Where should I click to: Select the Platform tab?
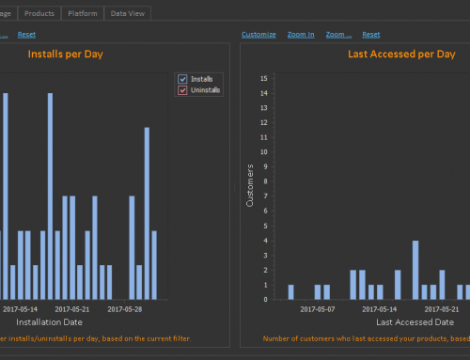[84, 13]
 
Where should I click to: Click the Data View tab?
[127, 13]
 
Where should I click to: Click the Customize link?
[258, 35]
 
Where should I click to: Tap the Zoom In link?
[300, 35]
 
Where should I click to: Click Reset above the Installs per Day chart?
[26, 35]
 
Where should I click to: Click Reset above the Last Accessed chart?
[371, 35]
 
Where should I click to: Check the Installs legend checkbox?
[183, 79]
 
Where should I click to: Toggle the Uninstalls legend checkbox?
[183, 90]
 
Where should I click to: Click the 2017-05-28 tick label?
[124, 308]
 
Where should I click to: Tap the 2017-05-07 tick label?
[318, 308]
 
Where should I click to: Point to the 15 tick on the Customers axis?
[264, 78]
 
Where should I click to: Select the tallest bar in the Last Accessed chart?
[415, 269]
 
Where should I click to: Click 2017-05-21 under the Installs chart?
[73, 308]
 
